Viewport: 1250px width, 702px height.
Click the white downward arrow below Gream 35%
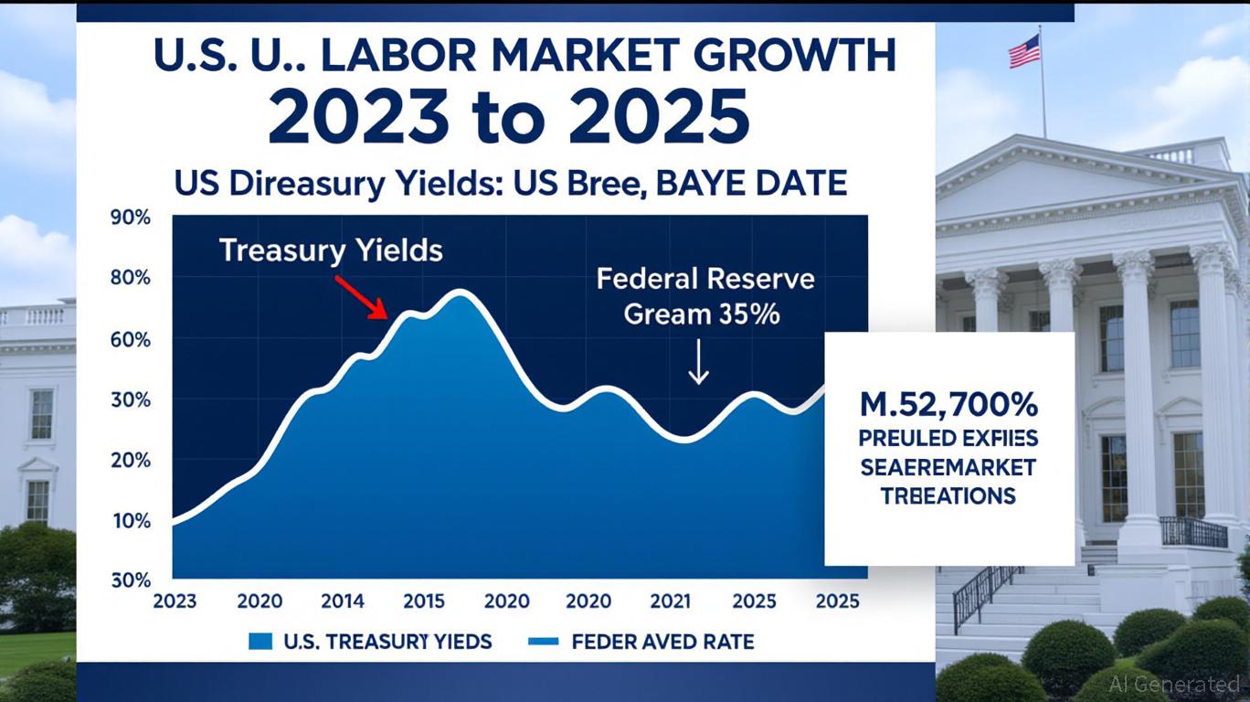point(698,362)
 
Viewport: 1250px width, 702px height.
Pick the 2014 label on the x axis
point(342,601)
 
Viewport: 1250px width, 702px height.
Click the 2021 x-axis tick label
point(672,601)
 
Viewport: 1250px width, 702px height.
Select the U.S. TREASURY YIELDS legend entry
point(370,642)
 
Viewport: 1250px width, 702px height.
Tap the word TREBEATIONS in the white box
point(948,496)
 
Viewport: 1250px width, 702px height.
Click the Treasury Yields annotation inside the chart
point(331,250)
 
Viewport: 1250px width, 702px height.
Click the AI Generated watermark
point(1174,684)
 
